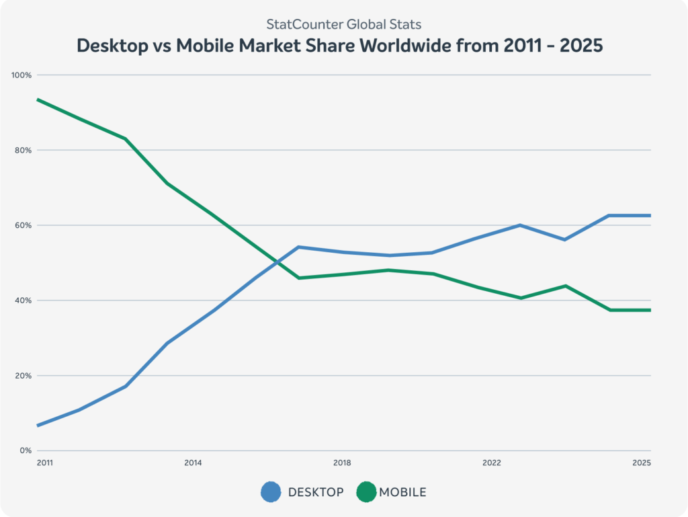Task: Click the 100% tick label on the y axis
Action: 22,75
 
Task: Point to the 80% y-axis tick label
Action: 24,151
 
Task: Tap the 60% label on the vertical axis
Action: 24,225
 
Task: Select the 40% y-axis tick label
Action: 24,301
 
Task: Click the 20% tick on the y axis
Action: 24,376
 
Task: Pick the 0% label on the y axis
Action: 26,450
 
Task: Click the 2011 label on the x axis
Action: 45,463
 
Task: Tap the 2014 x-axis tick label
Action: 193,463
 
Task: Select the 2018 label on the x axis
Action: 342,463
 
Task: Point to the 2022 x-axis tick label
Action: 492,463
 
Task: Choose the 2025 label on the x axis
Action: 642,463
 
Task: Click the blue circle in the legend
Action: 271,492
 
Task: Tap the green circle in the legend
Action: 366,492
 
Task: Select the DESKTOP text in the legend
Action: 316,492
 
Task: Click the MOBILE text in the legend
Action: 402,492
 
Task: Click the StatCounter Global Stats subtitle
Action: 344,25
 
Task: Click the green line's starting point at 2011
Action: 38,100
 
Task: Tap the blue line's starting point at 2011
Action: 38,426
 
